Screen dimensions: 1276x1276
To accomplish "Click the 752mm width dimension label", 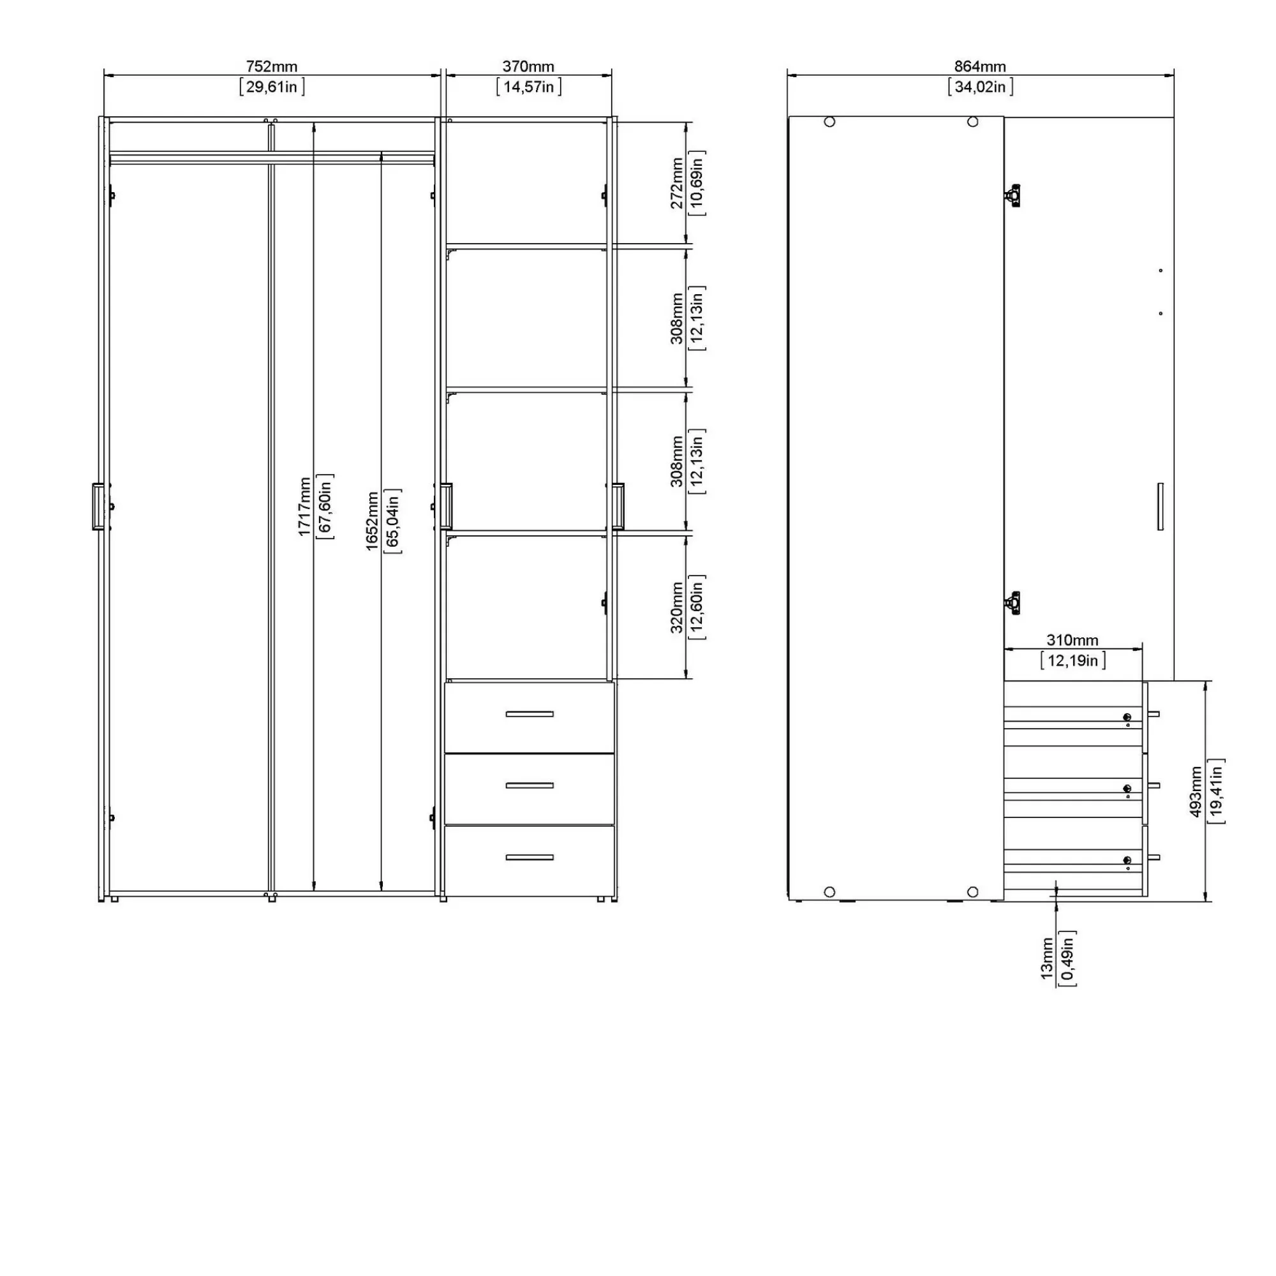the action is pyautogui.click(x=271, y=67).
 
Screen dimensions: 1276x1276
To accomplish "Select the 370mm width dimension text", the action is pyautogui.click(x=528, y=67).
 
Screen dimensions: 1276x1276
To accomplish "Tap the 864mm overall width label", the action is pyautogui.click(x=980, y=67).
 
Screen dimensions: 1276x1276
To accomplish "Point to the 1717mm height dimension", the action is pyautogui.click(x=304, y=507).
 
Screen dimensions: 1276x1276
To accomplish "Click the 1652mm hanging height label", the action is pyautogui.click(x=373, y=521).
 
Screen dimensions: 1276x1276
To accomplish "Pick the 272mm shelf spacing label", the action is pyautogui.click(x=677, y=183).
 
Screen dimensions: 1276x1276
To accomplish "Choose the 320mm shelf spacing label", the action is pyautogui.click(x=677, y=607).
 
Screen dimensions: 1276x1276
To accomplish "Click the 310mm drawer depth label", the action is pyautogui.click(x=1072, y=640).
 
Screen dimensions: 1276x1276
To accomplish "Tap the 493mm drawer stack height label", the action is pyautogui.click(x=1196, y=791).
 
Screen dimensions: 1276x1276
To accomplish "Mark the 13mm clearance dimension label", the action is pyautogui.click(x=1047, y=958).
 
